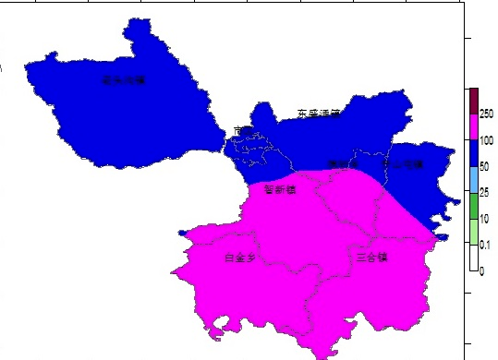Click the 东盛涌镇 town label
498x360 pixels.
click(319, 114)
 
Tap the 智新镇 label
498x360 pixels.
click(279, 190)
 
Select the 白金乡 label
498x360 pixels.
click(241, 258)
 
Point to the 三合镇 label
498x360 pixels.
click(371, 257)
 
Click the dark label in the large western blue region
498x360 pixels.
click(124, 80)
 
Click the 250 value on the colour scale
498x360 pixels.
click(486, 114)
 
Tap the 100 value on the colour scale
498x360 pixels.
click(486, 140)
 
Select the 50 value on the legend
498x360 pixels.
click(484, 167)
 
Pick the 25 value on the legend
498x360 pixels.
click(484, 193)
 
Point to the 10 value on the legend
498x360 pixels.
click(484, 219)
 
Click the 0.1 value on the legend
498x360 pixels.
click(486, 245)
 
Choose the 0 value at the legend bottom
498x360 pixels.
click(481, 271)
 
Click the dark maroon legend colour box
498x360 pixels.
click(473, 101)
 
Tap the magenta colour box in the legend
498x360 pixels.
click(473, 126)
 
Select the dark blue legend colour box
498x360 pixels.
click(473, 153)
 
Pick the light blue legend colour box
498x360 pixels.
click(473, 180)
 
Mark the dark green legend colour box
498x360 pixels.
click(473, 206)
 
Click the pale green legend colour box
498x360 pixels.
click(473, 232)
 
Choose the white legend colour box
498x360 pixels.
click(473, 258)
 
